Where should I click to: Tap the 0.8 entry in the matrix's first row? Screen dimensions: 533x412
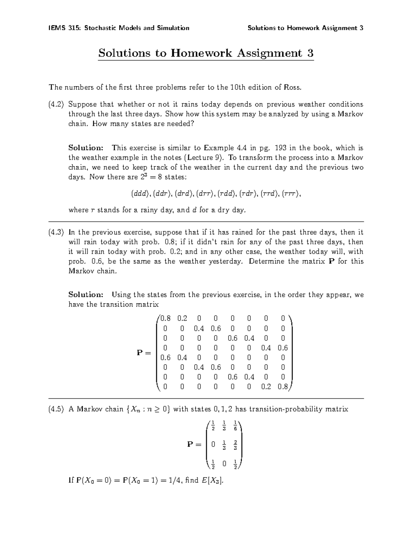165,318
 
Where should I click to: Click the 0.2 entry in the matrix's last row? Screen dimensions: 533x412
266,387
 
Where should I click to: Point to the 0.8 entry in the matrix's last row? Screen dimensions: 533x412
283,387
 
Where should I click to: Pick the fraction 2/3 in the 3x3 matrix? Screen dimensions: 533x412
235,445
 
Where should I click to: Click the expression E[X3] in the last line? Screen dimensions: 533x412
213,480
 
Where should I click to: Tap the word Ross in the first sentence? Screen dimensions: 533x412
293,87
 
